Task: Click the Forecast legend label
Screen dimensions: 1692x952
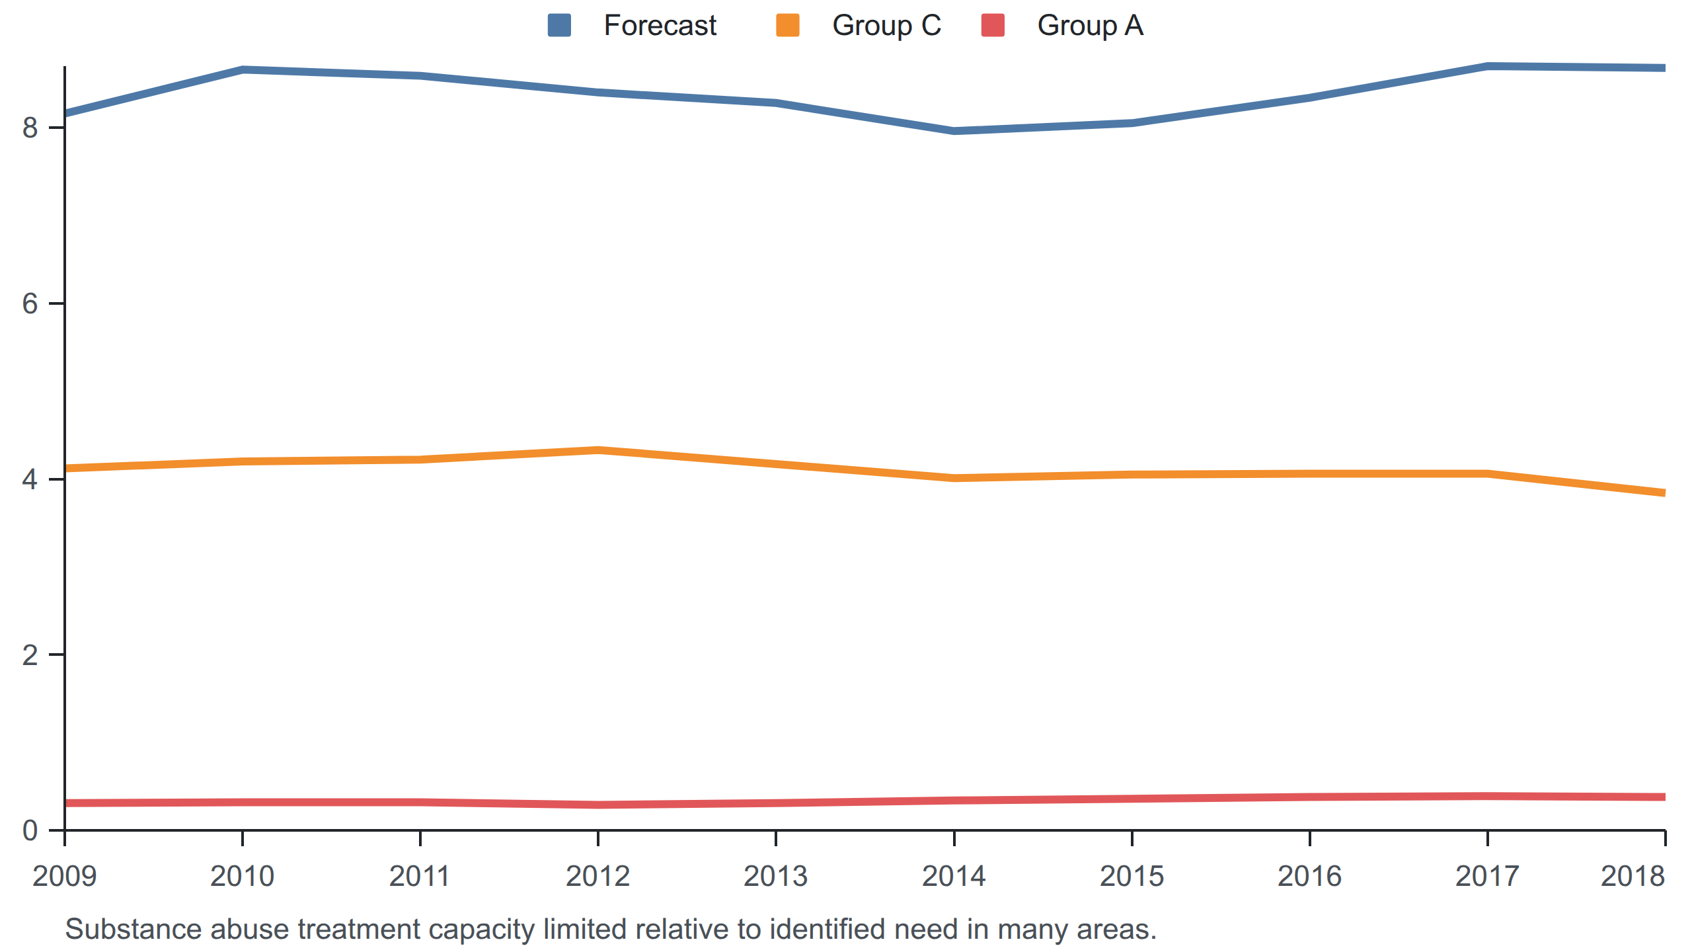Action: tap(660, 26)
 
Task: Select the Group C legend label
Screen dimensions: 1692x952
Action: tap(886, 26)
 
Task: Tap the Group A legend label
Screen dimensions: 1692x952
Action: tap(1090, 26)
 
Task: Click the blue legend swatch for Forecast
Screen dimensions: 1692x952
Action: tap(559, 26)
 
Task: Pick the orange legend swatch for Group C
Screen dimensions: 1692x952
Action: tap(788, 26)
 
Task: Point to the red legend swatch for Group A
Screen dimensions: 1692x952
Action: tap(993, 26)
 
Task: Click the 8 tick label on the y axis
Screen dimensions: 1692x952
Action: tap(30, 128)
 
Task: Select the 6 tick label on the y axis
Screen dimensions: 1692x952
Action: tap(30, 303)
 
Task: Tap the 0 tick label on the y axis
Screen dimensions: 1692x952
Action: tap(30, 830)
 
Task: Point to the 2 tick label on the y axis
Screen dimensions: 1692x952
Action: tap(30, 654)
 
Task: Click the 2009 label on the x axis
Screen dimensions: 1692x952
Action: tap(65, 876)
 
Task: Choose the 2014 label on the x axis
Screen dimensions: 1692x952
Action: tap(954, 876)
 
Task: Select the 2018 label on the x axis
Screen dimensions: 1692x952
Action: tap(1633, 876)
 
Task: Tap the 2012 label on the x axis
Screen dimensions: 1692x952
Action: tap(598, 876)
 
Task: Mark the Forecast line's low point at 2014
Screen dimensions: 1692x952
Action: tap(954, 131)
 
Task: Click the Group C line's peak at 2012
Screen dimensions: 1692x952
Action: tap(598, 450)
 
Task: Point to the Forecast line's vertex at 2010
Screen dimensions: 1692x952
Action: tap(243, 69)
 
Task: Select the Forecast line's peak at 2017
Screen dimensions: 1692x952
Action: tap(1487, 66)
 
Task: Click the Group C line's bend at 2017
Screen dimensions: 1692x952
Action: tap(1487, 473)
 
